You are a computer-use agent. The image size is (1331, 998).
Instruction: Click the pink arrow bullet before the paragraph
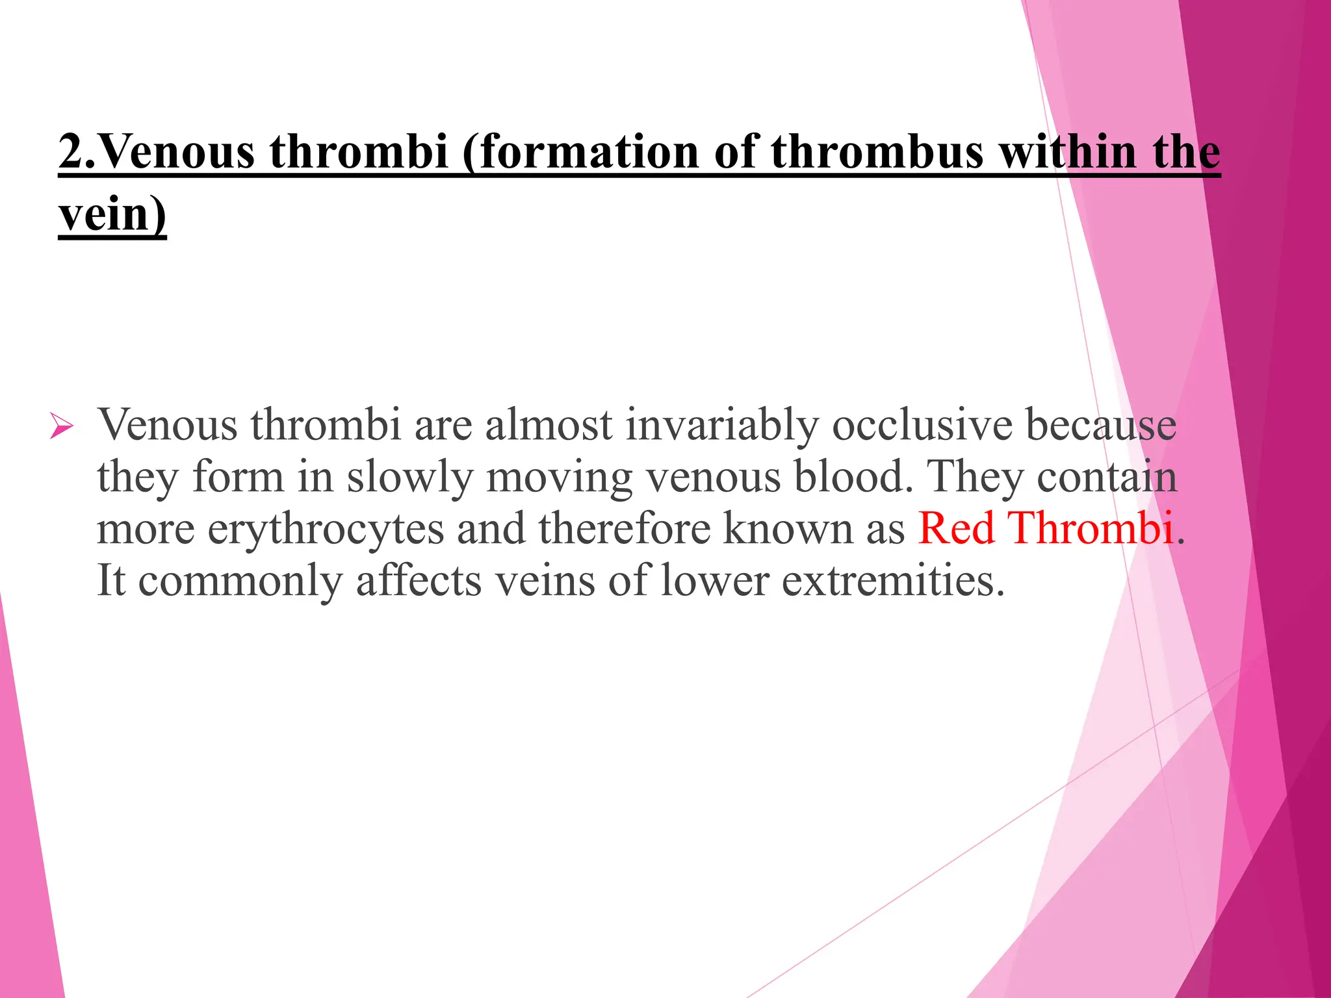pyautogui.click(x=61, y=427)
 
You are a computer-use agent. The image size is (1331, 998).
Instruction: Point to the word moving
pyautogui.click(x=559, y=478)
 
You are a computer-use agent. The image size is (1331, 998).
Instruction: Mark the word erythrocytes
pyautogui.click(x=325, y=529)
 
